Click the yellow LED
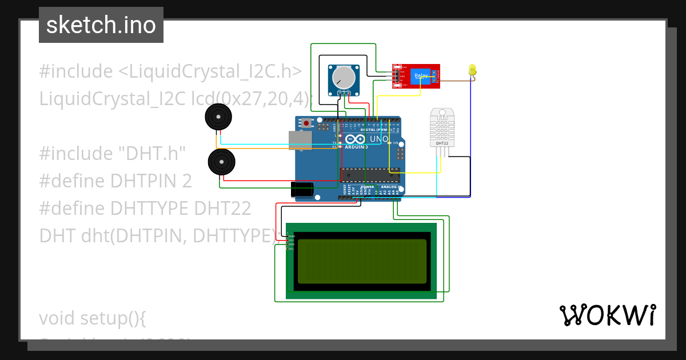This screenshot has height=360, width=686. point(472,70)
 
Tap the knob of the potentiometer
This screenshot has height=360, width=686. point(344,77)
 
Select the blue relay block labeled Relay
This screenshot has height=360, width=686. point(421,75)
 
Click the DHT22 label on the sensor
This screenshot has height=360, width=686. point(442,143)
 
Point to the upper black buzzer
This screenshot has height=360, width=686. point(218,117)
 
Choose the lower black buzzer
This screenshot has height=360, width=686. point(221,162)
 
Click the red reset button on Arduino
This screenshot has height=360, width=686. point(307,123)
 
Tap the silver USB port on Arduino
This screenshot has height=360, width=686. point(300,140)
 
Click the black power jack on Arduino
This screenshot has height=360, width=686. point(302,190)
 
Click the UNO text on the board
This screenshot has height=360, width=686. point(380,139)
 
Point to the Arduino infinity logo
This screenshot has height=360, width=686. point(354,139)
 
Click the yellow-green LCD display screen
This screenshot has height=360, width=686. point(362,261)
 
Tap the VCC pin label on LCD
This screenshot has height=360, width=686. point(291,241)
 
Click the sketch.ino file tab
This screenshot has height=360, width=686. point(101,25)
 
